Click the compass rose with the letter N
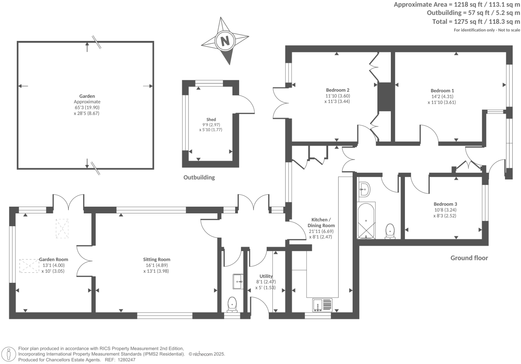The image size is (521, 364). click(x=225, y=41)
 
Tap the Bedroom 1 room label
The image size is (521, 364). click(x=442, y=91)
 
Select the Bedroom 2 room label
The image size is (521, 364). click(x=337, y=90)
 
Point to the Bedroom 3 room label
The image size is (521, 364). click(x=445, y=204)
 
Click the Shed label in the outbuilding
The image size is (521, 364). click(x=211, y=119)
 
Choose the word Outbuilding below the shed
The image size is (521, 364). click(x=199, y=177)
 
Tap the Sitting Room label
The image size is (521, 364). click(x=156, y=259)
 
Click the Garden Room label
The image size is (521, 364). click(x=54, y=259)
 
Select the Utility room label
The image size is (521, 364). click(x=266, y=276)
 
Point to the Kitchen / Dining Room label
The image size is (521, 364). click(x=321, y=222)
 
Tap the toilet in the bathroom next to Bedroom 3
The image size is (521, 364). click(x=390, y=231)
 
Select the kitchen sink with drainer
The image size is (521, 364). click(x=322, y=305)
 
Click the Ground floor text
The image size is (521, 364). click(x=469, y=258)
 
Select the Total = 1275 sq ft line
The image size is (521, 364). click(x=476, y=22)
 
